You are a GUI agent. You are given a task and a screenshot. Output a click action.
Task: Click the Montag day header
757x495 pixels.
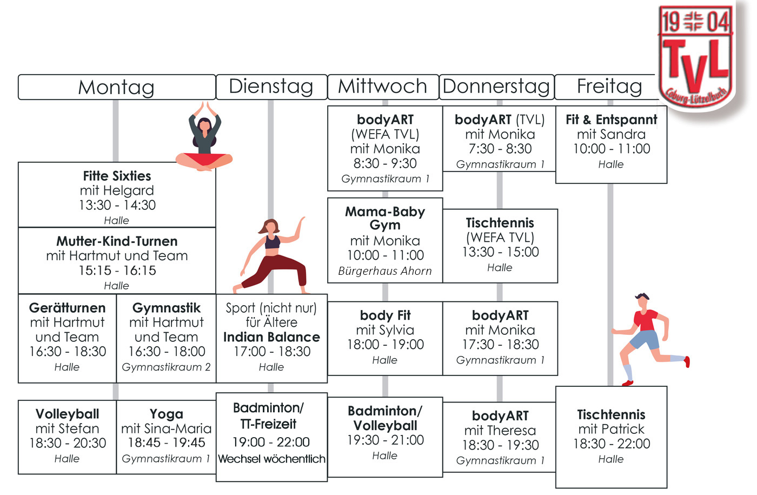point(116,87)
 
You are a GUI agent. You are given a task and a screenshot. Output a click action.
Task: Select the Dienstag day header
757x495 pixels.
point(271,87)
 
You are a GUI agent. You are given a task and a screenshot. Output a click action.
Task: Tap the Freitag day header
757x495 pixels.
point(609,87)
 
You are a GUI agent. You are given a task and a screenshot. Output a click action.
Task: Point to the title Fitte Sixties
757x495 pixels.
point(117,176)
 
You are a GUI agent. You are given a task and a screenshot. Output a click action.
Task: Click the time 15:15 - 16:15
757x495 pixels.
point(117,270)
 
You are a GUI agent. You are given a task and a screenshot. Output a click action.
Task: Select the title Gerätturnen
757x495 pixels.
point(67,308)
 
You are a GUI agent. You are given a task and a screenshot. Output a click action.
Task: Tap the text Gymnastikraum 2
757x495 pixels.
point(166,367)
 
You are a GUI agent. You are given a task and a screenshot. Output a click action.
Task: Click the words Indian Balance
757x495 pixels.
point(271,337)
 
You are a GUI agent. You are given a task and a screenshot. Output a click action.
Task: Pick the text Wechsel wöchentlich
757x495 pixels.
point(271,459)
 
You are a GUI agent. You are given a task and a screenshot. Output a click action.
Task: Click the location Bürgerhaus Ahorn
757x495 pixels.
point(385,271)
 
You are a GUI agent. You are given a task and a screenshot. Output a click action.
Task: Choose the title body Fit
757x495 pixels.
point(385,315)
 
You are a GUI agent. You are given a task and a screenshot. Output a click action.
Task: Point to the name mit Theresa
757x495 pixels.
point(500,431)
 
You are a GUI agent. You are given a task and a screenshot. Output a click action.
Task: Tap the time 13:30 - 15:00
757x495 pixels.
point(500,252)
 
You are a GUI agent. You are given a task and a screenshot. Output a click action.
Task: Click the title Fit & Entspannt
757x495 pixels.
point(611,120)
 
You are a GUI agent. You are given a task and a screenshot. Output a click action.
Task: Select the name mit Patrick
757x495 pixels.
point(611,430)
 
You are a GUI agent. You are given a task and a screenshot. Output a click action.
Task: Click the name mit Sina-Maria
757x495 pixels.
point(166,428)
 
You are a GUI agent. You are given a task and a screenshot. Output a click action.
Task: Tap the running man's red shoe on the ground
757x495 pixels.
point(627,383)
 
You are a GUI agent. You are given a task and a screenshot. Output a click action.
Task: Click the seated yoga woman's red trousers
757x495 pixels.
point(203,160)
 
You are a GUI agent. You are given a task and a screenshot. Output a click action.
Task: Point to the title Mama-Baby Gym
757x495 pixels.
point(385,218)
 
